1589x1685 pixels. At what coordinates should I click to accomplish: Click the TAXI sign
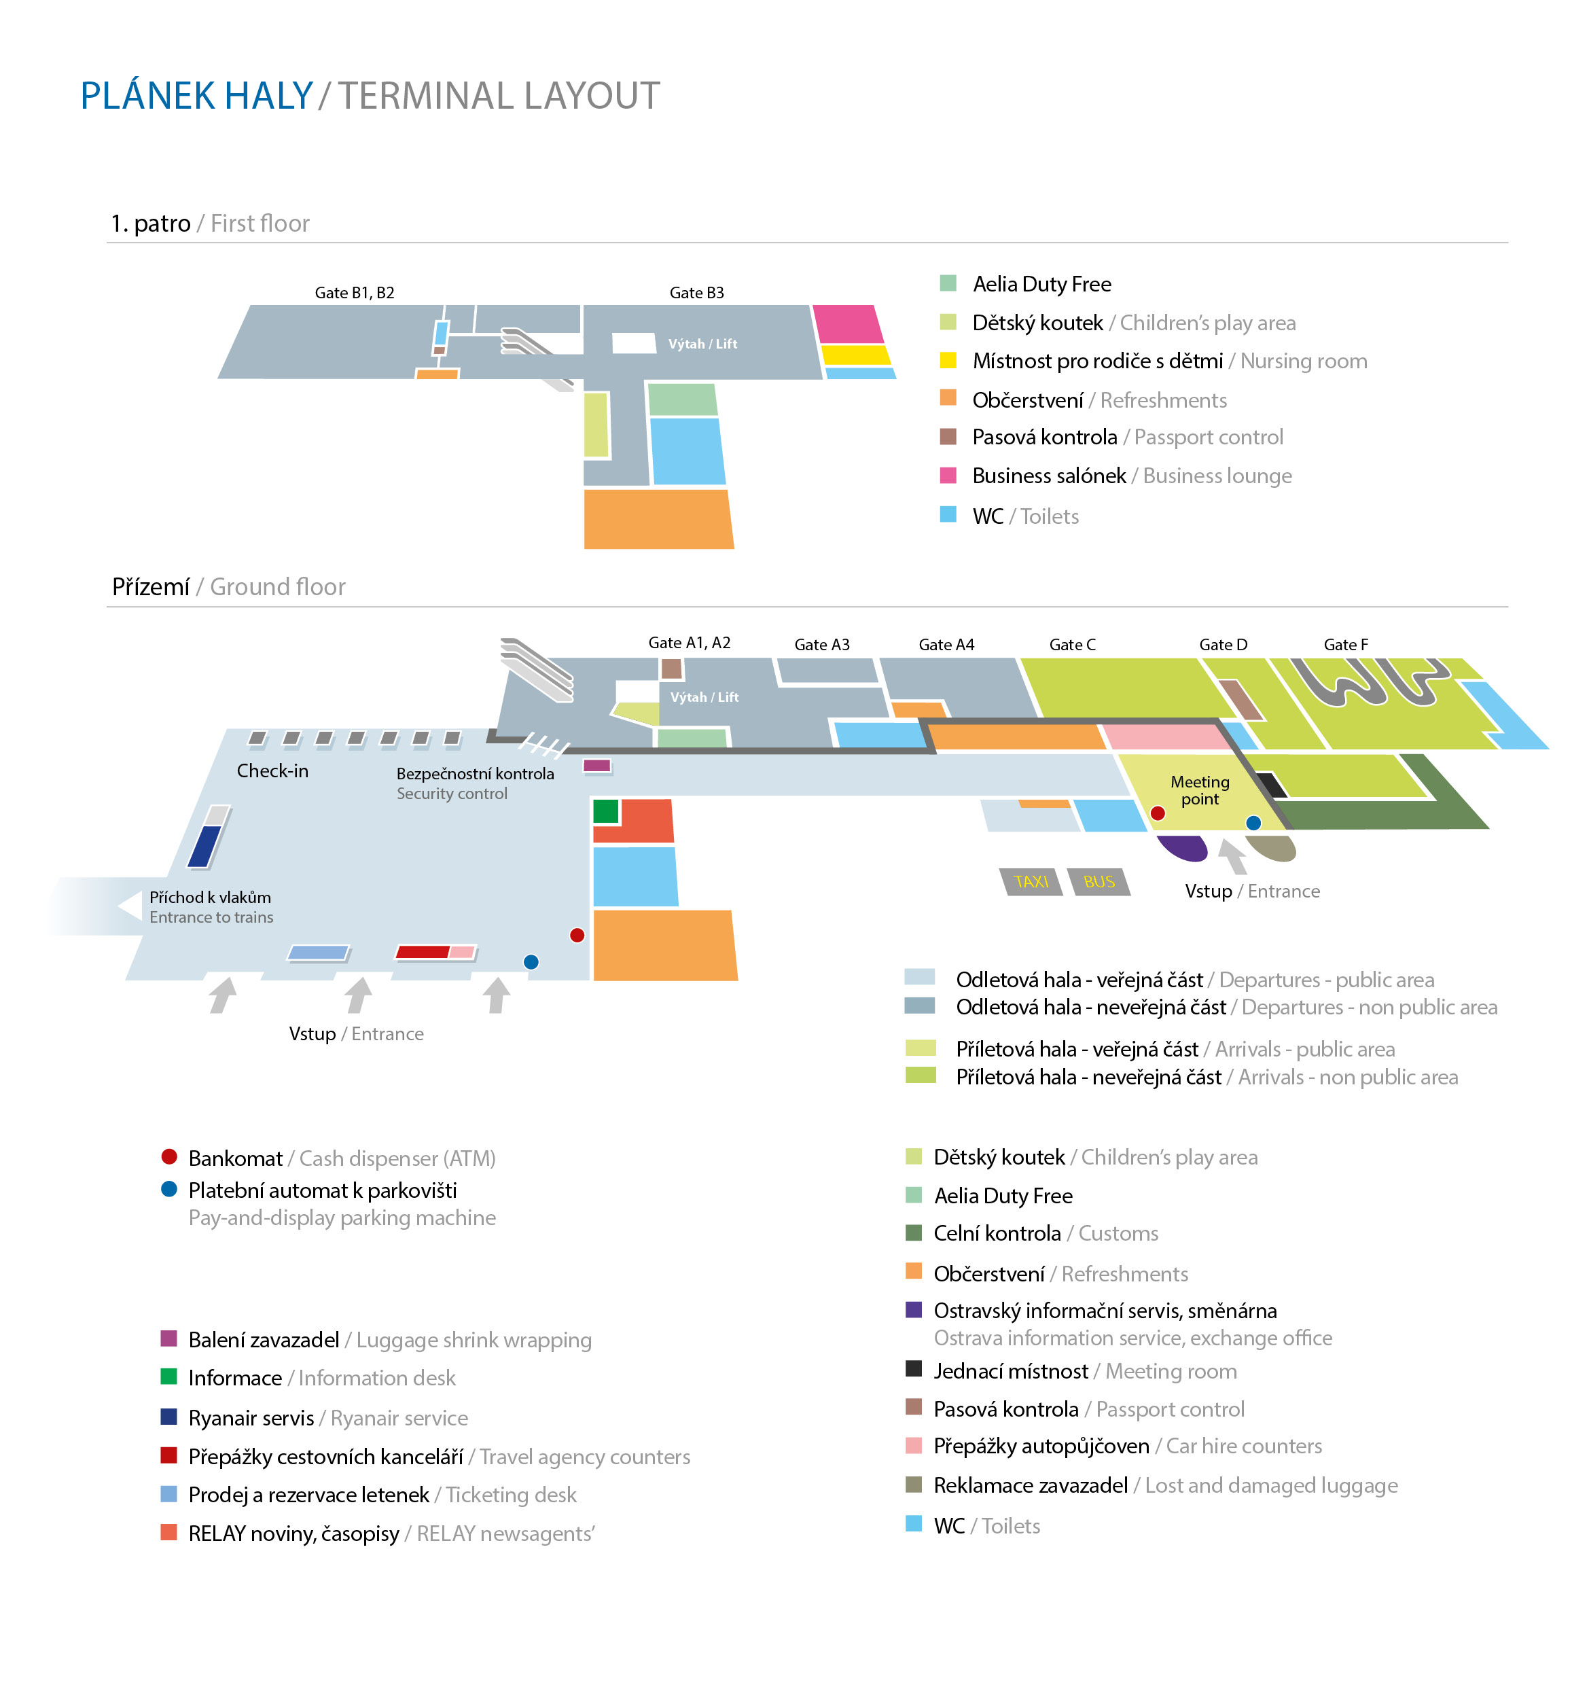[1031, 881]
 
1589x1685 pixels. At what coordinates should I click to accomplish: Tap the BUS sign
[1099, 881]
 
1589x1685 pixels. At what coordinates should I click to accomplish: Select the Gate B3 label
[696, 292]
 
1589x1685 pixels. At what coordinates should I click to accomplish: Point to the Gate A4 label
[946, 644]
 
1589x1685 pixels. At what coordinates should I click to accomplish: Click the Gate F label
[1346, 644]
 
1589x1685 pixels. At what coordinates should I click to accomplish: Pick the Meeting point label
[1199, 790]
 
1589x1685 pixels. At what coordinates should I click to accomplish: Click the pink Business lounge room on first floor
[847, 324]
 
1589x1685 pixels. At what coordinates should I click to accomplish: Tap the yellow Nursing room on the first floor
[856, 354]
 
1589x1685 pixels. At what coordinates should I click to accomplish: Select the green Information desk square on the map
[605, 811]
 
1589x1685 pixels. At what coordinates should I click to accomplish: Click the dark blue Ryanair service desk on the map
[204, 846]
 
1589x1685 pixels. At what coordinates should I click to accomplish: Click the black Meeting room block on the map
[1271, 785]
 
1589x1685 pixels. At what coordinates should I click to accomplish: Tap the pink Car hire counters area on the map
[1165, 737]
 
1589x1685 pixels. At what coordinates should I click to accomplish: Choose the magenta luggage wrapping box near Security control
[596, 765]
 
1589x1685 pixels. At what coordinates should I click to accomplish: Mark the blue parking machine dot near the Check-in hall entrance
[531, 961]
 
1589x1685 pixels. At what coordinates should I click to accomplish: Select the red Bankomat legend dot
[168, 1156]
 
